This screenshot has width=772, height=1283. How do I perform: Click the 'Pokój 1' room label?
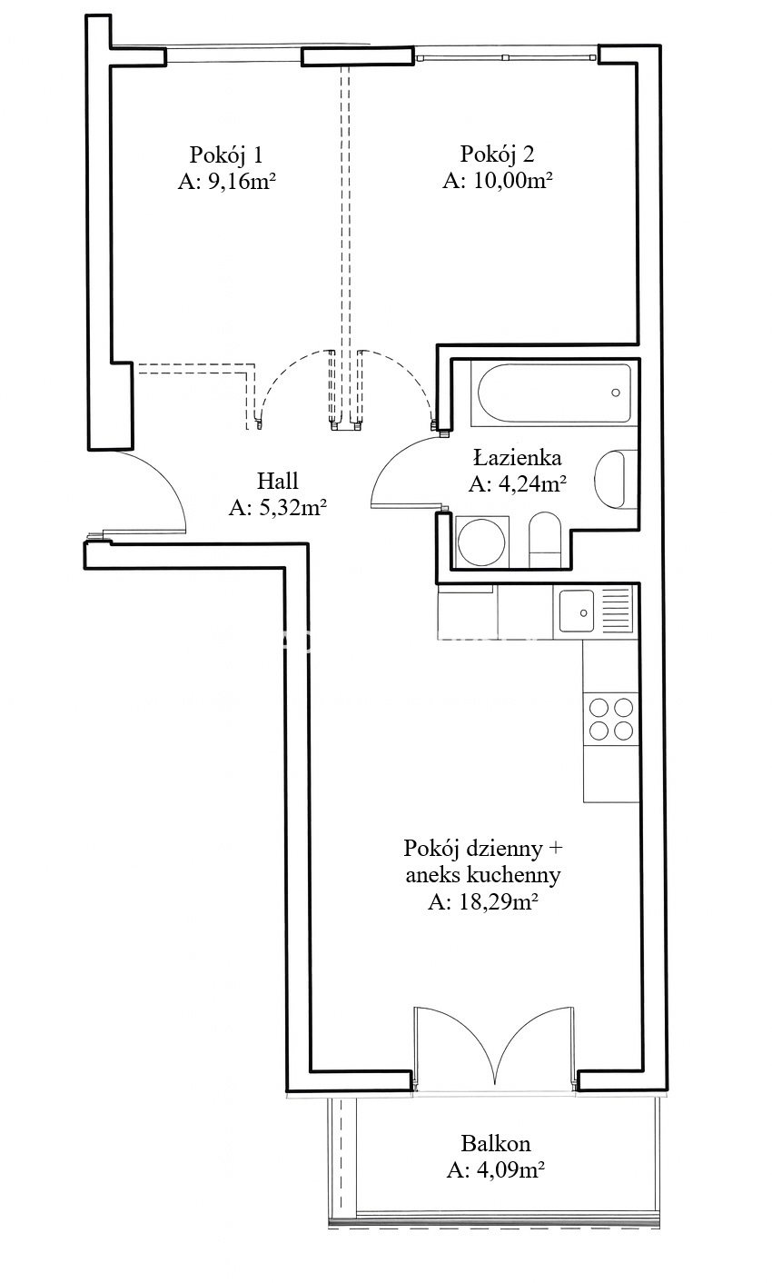point(225,154)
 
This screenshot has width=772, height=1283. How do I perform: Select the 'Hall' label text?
point(277,480)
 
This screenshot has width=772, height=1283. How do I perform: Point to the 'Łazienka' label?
point(517,457)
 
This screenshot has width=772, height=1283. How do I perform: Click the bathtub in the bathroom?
point(554,393)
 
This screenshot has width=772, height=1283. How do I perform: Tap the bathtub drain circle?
point(616,393)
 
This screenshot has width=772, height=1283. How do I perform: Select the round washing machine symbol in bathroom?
point(481,542)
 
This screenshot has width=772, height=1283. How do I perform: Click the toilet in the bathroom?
point(545,540)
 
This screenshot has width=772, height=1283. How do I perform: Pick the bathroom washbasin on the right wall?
point(616,479)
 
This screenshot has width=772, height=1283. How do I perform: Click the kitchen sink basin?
point(578,611)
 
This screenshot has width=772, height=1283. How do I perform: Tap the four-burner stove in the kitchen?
point(610,719)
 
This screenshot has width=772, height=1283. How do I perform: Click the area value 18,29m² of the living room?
point(482,902)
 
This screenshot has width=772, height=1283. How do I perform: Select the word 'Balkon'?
point(495,1143)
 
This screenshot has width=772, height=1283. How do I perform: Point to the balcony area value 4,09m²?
point(495,1169)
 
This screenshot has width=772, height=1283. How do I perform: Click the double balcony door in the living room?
point(494,1047)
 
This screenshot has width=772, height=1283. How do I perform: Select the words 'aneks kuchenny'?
point(483,875)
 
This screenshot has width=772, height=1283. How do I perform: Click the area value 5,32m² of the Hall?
point(278,507)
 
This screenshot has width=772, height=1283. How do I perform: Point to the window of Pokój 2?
point(505,56)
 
